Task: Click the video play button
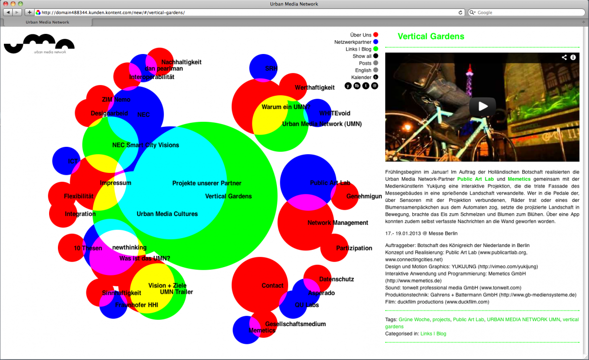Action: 482,106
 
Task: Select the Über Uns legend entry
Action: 361,35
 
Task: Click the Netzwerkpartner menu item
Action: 352,42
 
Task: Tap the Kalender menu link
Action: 361,78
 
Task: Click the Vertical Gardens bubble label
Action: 228,196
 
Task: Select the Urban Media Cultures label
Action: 167,214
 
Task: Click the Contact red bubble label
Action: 272,286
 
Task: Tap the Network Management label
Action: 338,223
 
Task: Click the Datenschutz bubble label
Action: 336,279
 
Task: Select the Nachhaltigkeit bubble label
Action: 181,62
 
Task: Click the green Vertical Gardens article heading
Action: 430,36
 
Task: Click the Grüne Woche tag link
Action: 414,320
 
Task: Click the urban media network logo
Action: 39,45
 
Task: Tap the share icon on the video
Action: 564,57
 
